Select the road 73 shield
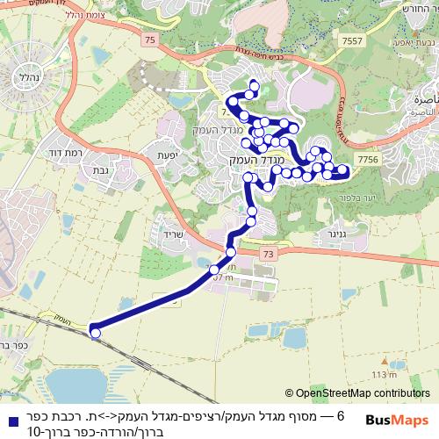268,253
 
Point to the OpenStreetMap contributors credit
356,394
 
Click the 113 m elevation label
384,375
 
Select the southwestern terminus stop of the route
95,332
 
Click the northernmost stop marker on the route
254,86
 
